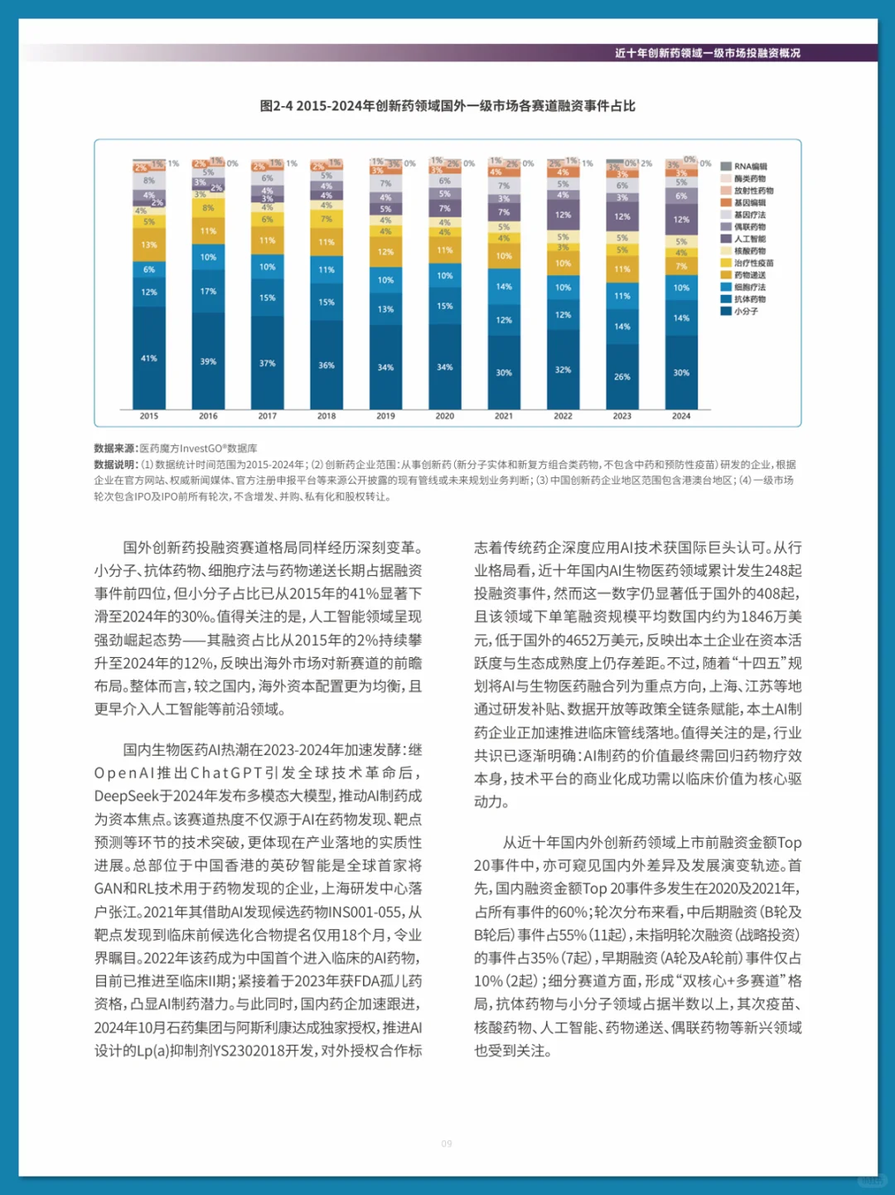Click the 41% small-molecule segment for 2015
pos(149,358)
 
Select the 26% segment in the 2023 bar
pos(622,376)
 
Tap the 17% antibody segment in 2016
pos(208,292)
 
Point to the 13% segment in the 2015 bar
pos(149,245)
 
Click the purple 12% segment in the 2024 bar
pos(681,220)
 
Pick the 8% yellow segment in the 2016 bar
pos(208,208)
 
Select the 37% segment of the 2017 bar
pos(267,363)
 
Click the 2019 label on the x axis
pos(385,416)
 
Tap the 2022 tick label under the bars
pos(563,416)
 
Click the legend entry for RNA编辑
pos(749,167)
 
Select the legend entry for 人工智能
pos(749,239)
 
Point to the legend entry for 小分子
pos(745,312)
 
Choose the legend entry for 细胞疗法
pos(749,288)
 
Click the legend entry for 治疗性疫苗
pos(753,263)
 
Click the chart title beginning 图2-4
pos(447,106)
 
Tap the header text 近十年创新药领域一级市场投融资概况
pos(707,53)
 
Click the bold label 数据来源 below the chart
pos(115,448)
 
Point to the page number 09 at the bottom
pos(447,1144)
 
